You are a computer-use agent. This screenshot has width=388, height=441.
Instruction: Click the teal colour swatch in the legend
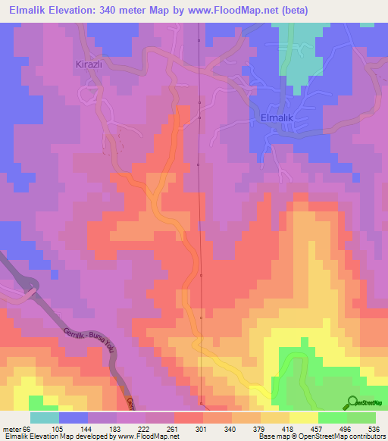click(45, 418)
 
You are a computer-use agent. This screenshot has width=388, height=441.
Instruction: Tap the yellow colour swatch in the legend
click(303, 418)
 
